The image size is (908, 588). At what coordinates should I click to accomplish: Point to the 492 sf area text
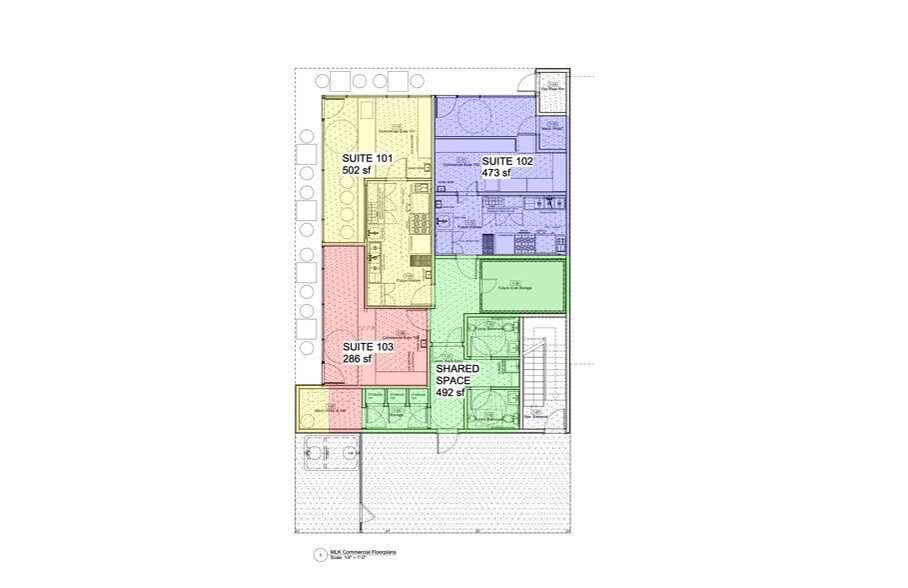point(453,393)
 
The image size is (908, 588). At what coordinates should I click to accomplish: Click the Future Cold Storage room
point(524,285)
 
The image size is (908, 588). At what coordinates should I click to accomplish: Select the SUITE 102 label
point(507,160)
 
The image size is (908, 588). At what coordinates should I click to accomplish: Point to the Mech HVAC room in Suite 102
point(551,126)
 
